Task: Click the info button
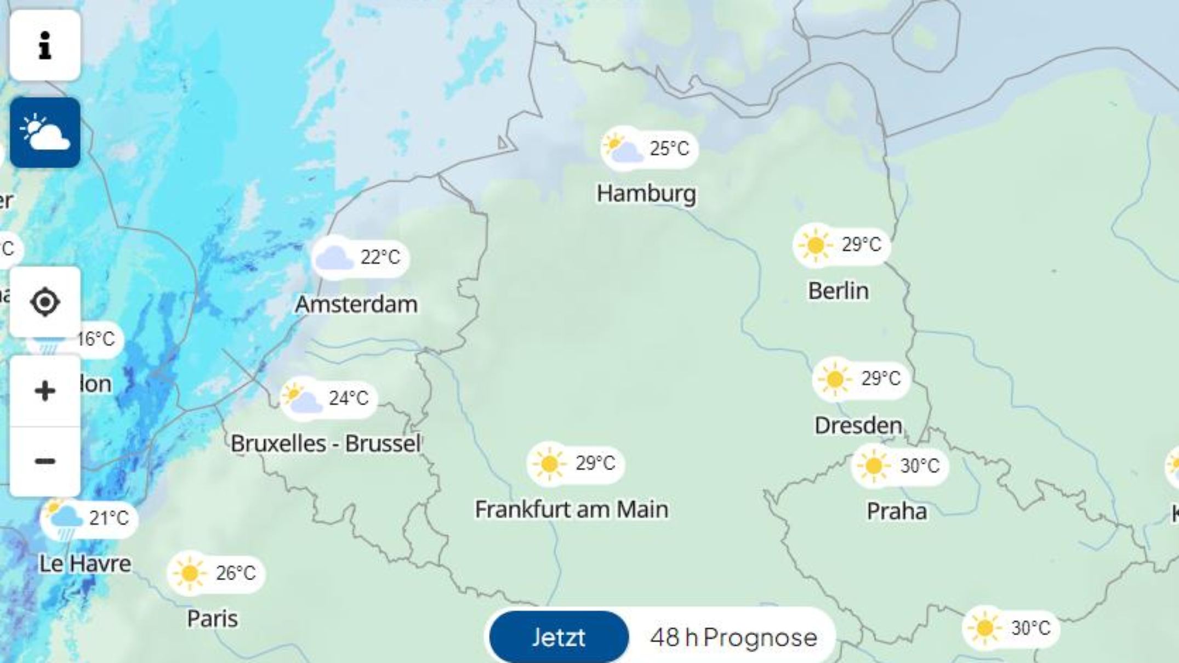click(45, 45)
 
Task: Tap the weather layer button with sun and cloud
click(45, 133)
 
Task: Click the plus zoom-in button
click(45, 391)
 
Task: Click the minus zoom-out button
click(45, 461)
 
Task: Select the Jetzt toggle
click(559, 637)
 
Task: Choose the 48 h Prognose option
click(733, 637)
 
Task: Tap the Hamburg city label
click(646, 194)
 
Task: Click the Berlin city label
click(838, 291)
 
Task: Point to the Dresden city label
click(858, 426)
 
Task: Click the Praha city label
click(897, 511)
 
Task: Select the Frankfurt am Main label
click(571, 509)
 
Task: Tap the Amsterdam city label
click(356, 304)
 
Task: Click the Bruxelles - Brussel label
click(326, 444)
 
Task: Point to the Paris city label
click(212, 619)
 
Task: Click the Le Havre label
click(85, 564)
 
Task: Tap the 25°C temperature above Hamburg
click(669, 149)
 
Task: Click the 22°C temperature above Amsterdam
click(380, 257)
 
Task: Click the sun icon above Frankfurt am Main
click(549, 464)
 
